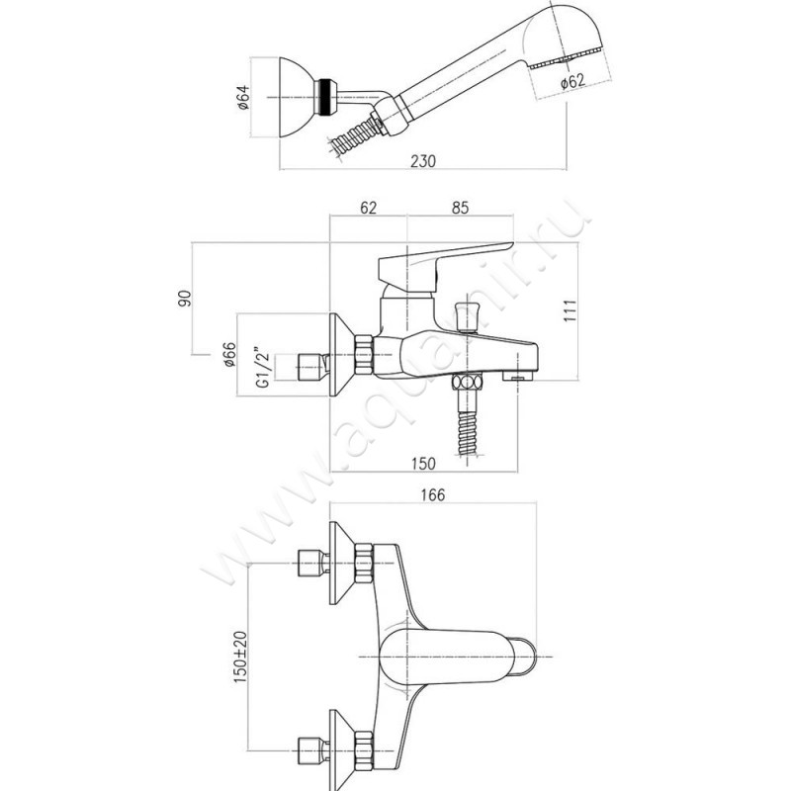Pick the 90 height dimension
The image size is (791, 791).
[184, 298]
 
